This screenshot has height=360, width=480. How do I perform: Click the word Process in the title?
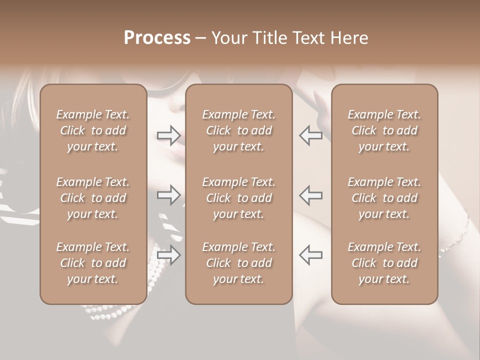pyautogui.click(x=157, y=38)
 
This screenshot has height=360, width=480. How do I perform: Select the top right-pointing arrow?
pyautogui.click(x=168, y=135)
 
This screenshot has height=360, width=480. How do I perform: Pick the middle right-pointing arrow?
pyautogui.click(x=168, y=195)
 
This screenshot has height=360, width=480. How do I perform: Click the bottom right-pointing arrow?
pyautogui.click(x=168, y=255)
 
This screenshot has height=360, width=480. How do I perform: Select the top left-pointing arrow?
pyautogui.click(x=310, y=135)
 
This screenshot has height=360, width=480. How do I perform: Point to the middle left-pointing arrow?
pyautogui.click(x=310, y=195)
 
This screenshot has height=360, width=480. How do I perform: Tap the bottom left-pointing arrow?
pyautogui.click(x=310, y=255)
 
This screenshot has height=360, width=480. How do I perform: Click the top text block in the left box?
pyautogui.click(x=93, y=130)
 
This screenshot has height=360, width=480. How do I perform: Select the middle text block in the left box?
pyautogui.click(x=93, y=198)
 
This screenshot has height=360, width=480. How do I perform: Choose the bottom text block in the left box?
pyautogui.click(x=93, y=263)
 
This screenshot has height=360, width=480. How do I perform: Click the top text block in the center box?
pyautogui.click(x=238, y=130)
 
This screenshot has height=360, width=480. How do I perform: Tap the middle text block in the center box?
pyautogui.click(x=238, y=198)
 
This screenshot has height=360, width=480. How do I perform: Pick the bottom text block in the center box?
pyautogui.click(x=238, y=263)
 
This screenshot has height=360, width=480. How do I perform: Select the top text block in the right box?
pyautogui.click(x=384, y=130)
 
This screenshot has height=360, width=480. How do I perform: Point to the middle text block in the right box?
pyautogui.click(x=384, y=198)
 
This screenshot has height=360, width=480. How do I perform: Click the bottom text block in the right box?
pyautogui.click(x=384, y=263)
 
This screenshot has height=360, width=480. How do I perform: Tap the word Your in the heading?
pyautogui.click(x=228, y=38)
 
